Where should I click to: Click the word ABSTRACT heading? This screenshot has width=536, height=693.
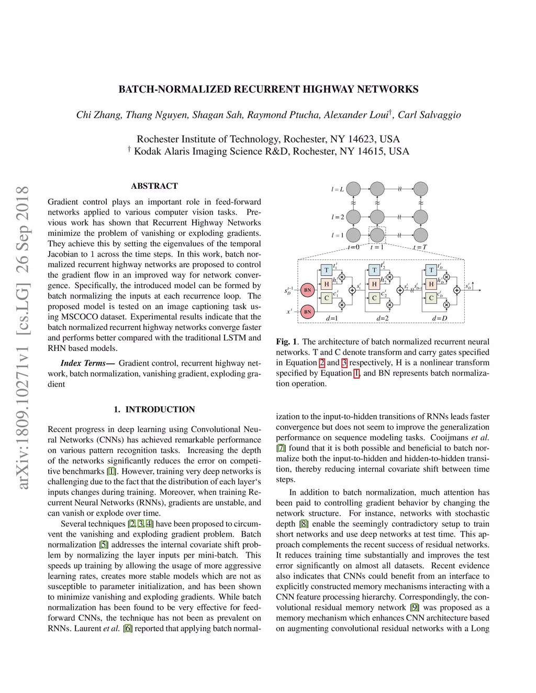[154, 186]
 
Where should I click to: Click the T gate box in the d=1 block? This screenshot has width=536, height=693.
[327, 270]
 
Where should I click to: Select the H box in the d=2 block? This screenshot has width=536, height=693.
[374, 284]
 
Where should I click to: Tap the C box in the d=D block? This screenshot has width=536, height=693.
[431, 298]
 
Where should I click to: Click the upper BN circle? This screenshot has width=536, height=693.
[308, 290]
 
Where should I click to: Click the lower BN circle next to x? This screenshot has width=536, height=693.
[308, 312]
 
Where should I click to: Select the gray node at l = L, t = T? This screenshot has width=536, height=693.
[421, 189]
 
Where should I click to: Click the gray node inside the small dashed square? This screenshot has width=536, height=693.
[377, 235]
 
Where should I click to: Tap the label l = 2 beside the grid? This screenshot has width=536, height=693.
[338, 217]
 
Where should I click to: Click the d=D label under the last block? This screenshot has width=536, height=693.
[440, 318]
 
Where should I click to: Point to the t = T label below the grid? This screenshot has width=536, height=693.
[420, 247]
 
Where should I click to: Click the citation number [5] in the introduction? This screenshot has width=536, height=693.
[104, 544]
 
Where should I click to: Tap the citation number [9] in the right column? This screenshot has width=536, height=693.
[415, 607]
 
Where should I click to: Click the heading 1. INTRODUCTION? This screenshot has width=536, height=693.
[154, 410]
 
